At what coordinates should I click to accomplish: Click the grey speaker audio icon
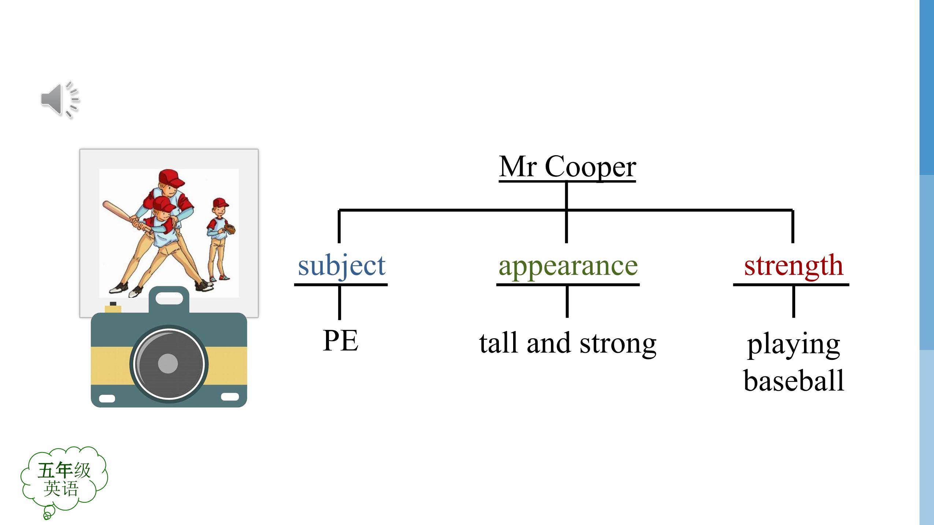(x=60, y=99)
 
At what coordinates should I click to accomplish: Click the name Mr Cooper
(x=567, y=167)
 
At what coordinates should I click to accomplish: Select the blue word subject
(x=341, y=266)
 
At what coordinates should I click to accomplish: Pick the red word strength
(x=793, y=266)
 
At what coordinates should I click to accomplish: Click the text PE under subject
(x=340, y=340)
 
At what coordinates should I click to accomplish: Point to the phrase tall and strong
(x=568, y=343)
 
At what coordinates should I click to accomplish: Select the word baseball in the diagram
(x=794, y=380)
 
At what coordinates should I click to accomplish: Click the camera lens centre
(x=168, y=364)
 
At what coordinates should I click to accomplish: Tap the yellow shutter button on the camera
(x=113, y=308)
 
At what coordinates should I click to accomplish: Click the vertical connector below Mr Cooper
(x=566, y=212)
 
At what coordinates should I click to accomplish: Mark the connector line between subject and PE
(x=340, y=302)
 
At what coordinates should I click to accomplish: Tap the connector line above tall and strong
(x=567, y=301)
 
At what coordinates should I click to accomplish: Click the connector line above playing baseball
(x=793, y=301)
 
